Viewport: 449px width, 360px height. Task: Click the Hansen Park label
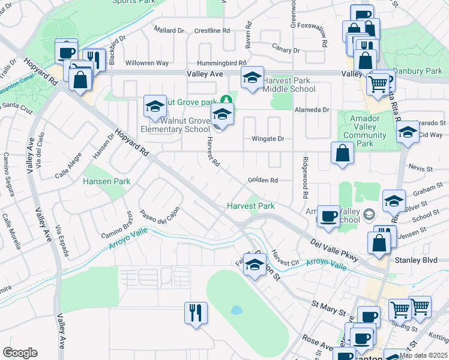click(106, 181)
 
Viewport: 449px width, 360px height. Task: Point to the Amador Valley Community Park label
click(364, 131)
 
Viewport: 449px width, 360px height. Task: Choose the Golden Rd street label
click(262, 180)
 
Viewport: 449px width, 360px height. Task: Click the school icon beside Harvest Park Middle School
click(252, 78)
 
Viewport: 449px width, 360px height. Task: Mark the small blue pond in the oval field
click(237, 311)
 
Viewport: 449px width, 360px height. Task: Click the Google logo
click(20, 353)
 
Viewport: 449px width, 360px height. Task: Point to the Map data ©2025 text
click(424, 355)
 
